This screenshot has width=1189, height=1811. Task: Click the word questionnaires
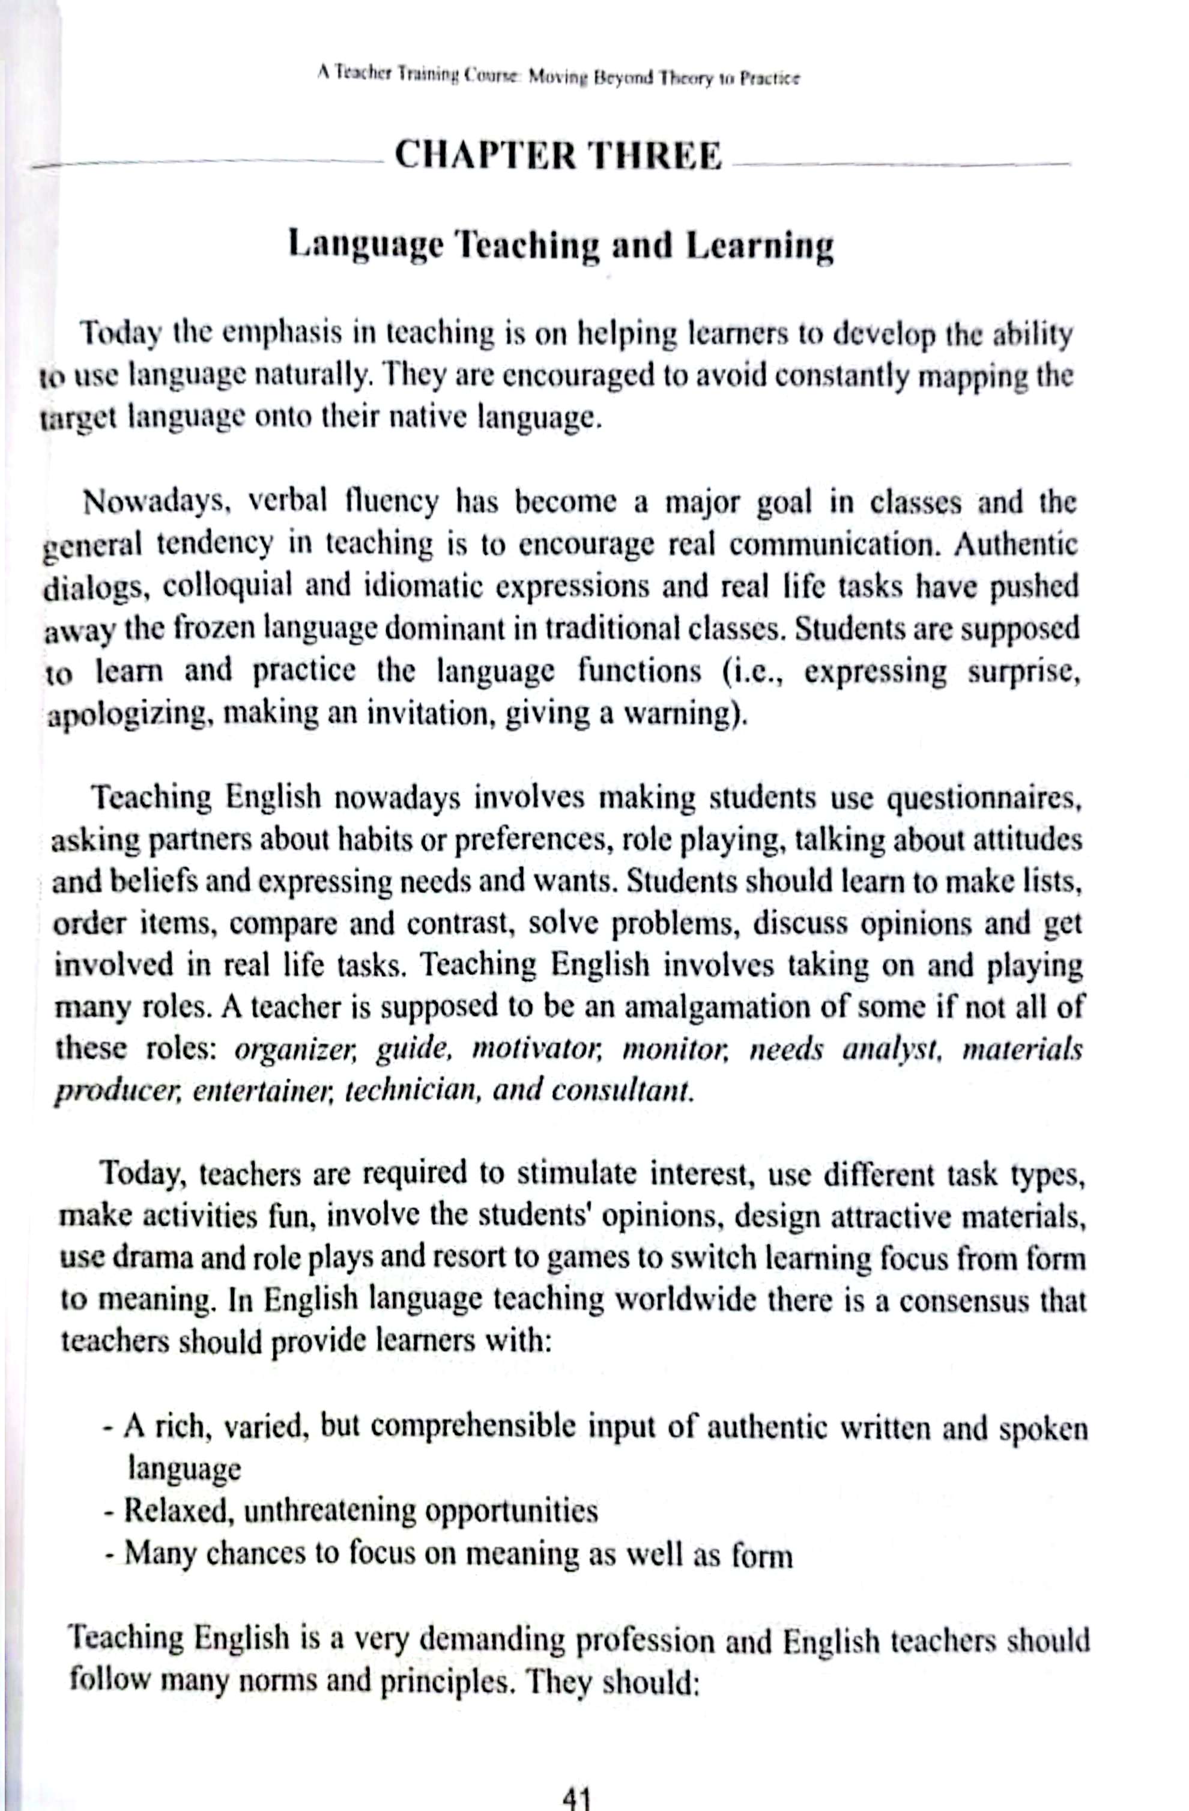(x=984, y=799)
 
